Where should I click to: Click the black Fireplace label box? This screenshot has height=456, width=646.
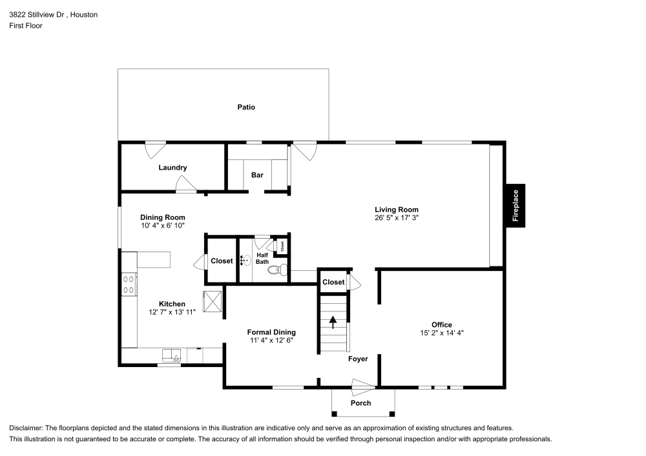[x=516, y=206]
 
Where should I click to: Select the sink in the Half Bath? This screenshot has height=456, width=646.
[x=245, y=261]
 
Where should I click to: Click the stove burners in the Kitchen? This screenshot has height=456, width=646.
[x=129, y=284]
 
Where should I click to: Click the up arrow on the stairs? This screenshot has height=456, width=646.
[x=333, y=321]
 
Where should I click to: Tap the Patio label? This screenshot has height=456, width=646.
[x=245, y=107]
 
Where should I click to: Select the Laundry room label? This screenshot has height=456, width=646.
[x=172, y=168]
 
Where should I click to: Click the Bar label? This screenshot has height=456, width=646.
[x=257, y=175]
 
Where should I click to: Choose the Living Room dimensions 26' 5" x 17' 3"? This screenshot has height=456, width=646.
[x=397, y=218]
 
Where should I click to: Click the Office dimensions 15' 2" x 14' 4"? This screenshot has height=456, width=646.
[x=442, y=333]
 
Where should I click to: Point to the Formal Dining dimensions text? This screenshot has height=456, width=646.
[x=271, y=341]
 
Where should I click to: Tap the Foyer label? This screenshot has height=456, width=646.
[x=358, y=359]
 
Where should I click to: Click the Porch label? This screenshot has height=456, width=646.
[x=360, y=403]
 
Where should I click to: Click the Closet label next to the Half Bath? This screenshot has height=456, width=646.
[x=222, y=261]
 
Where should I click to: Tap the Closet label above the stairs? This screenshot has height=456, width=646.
[x=333, y=282]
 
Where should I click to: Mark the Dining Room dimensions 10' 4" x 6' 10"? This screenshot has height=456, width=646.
[x=163, y=226]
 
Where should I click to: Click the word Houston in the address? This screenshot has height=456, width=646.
[x=84, y=14]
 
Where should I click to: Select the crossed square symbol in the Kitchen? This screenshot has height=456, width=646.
[x=213, y=301]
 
